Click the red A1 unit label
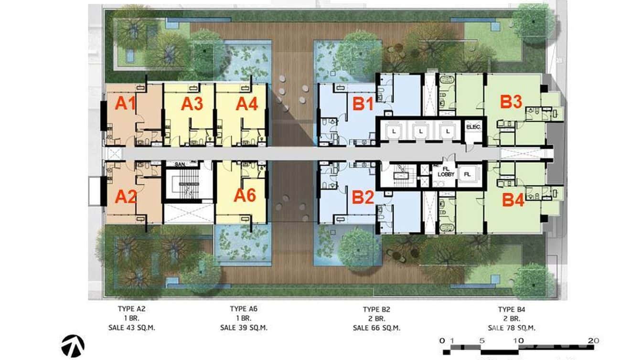click(x=125, y=103)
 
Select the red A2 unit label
click(x=126, y=196)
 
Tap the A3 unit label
click(x=192, y=104)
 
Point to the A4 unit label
click(x=247, y=104)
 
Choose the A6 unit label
click(x=245, y=195)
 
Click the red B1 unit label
click(x=363, y=104)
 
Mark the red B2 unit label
click(x=363, y=197)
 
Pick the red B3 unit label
click(x=511, y=102)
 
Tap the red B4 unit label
click(x=513, y=200)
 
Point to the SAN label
click(x=180, y=164)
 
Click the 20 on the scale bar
click(x=594, y=340)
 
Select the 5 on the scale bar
click(x=481, y=340)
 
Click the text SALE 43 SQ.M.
click(x=131, y=328)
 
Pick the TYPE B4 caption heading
click(x=511, y=309)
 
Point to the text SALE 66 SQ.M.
click(x=376, y=328)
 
